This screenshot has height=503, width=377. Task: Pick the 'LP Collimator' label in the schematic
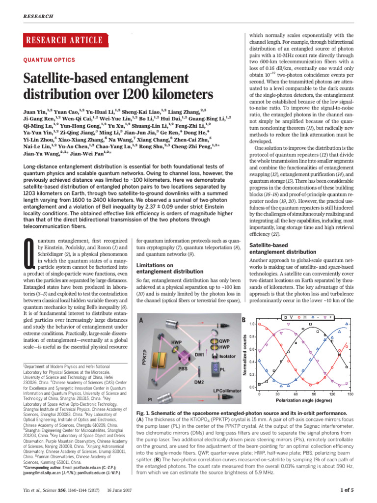[x=227, y=390]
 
